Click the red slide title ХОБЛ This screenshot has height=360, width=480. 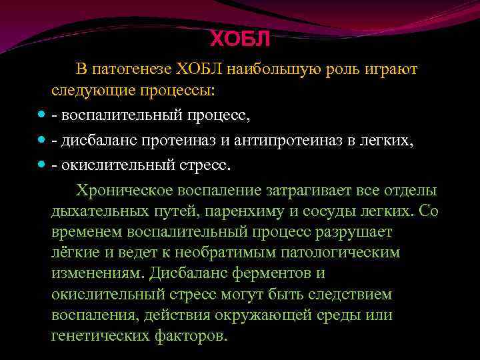click(241, 39)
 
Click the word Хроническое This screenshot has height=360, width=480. click(123, 189)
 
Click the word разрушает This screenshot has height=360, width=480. click(360, 232)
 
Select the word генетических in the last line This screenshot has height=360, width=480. click(99, 335)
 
